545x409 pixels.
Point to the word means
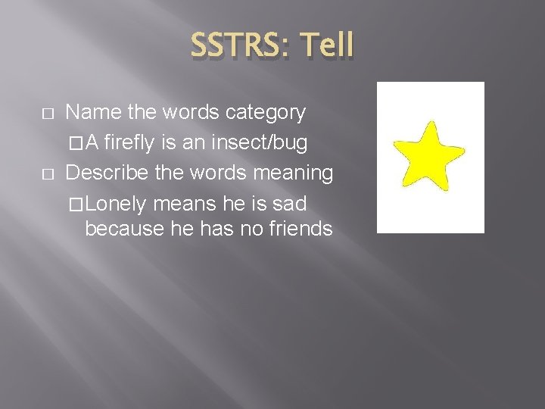pyautogui.click(x=182, y=203)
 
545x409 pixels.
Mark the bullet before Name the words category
pyautogui.click(x=48, y=114)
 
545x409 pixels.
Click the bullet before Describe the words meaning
pyautogui.click(x=48, y=173)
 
